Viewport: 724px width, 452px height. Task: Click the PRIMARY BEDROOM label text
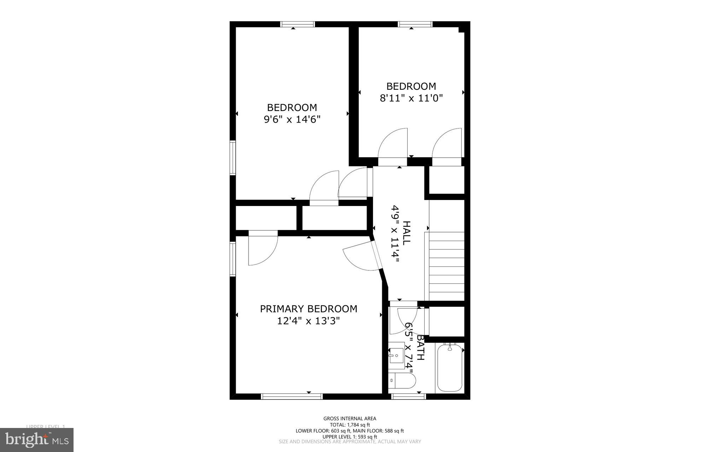click(309, 309)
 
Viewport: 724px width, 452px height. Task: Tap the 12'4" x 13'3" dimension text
click(309, 321)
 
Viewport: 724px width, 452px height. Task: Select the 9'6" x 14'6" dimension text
click(292, 119)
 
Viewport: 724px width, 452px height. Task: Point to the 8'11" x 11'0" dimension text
click(411, 98)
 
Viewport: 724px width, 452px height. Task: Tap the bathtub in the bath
click(450, 368)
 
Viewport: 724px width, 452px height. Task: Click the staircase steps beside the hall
click(446, 266)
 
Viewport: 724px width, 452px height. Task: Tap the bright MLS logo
click(37, 440)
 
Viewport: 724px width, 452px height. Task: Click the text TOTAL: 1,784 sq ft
click(350, 425)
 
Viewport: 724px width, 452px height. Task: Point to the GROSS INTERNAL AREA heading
click(350, 419)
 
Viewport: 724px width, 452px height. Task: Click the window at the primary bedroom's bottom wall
click(292, 397)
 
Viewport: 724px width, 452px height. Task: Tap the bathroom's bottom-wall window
click(409, 397)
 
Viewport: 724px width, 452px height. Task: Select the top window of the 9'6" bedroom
click(297, 24)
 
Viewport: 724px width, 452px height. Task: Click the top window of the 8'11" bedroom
click(415, 24)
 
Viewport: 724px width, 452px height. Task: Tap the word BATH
click(420, 348)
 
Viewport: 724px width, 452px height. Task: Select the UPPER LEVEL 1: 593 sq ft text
click(350, 437)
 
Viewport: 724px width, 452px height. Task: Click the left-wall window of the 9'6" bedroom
click(233, 158)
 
